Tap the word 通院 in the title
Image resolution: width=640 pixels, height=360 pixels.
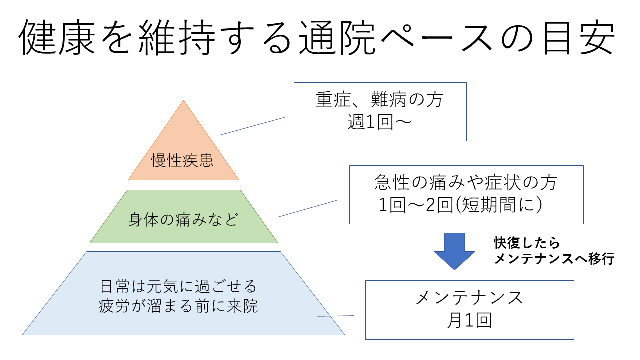click(344, 38)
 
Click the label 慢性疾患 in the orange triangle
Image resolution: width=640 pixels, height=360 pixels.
click(183, 160)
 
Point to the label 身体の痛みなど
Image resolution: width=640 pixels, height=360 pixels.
click(183, 220)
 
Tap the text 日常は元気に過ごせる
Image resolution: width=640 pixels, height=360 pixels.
click(178, 287)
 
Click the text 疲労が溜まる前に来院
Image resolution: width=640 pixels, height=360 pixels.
click(178, 306)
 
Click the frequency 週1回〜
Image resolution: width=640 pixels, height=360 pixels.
click(380, 123)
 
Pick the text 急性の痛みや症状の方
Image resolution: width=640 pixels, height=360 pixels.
click(466, 183)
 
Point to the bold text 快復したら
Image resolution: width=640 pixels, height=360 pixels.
click(527, 243)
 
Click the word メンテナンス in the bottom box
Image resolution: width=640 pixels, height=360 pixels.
click(469, 298)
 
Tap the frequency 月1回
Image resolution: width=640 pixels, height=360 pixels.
click(469, 321)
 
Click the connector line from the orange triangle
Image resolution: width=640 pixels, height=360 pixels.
click(252, 126)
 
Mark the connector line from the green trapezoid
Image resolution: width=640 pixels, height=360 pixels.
click(307, 209)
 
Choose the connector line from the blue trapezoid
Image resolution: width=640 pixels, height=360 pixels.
click(336, 316)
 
